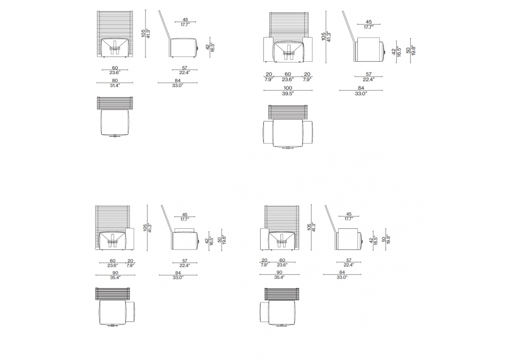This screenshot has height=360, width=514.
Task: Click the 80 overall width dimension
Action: [x=115, y=81]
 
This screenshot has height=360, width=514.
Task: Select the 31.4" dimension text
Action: [x=115, y=85]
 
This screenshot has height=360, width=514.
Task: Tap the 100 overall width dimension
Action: [x=288, y=88]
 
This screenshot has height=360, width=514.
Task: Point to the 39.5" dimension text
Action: [x=288, y=94]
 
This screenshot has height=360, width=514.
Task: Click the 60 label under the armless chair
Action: [x=115, y=68]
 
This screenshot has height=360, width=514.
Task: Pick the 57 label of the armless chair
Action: [x=185, y=68]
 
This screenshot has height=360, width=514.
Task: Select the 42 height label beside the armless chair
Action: [x=207, y=47]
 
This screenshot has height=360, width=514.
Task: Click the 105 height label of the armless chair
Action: [x=143, y=33]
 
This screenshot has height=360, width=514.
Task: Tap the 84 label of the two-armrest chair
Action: [x=361, y=88]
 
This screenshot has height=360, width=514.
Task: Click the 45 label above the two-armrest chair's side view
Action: [x=369, y=22]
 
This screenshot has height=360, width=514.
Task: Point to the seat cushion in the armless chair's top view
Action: [x=115, y=122]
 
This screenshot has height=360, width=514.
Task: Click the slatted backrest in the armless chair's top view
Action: [x=115, y=103]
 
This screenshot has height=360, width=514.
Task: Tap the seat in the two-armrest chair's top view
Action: [x=288, y=133]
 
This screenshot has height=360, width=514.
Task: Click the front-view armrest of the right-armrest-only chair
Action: [x=131, y=239]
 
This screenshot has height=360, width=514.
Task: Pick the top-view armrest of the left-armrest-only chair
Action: [x=265, y=312]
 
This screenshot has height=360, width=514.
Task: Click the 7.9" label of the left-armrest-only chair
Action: [x=265, y=265]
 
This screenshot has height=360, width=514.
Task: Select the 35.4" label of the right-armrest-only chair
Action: [x=115, y=277]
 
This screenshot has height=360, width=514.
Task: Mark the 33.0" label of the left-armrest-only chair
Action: [x=342, y=277]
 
